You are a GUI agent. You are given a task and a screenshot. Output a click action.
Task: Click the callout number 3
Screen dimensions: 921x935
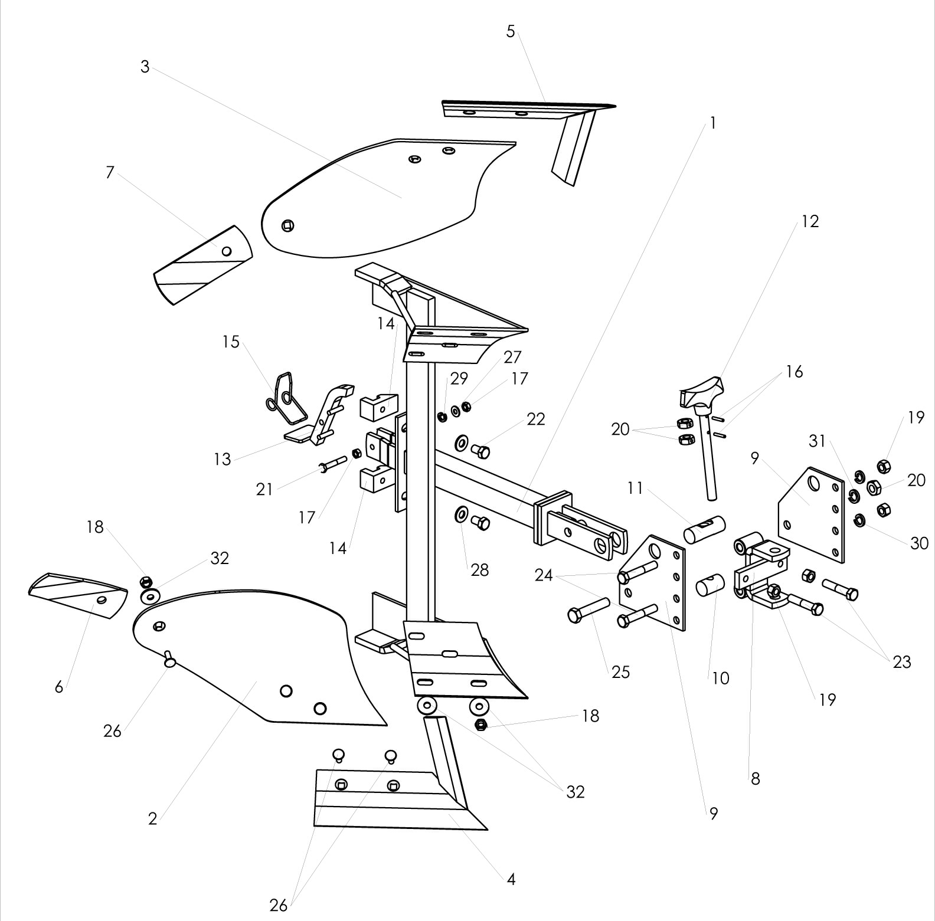tap(145, 67)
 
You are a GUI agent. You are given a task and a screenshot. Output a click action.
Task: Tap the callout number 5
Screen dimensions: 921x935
tap(511, 31)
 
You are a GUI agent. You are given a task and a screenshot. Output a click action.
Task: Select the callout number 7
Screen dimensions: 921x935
tap(110, 173)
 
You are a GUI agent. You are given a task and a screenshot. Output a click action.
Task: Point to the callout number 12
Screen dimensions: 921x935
tap(810, 221)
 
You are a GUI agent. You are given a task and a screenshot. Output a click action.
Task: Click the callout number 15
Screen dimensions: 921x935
tap(231, 342)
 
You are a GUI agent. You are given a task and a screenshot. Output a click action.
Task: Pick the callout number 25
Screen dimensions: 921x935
tap(621, 672)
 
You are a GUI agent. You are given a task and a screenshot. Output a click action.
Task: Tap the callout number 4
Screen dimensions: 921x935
tap(511, 880)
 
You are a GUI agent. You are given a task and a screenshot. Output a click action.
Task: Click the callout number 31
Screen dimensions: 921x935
tap(817, 441)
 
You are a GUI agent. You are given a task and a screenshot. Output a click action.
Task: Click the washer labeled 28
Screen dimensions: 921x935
tap(461, 515)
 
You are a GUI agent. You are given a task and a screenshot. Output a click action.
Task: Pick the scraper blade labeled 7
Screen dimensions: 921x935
tap(202, 264)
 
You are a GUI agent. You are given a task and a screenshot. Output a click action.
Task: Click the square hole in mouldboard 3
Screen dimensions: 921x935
tap(287, 225)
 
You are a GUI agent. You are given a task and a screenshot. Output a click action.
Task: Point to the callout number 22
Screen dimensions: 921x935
tap(536, 419)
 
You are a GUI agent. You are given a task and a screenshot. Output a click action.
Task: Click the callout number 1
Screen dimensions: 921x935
tap(713, 123)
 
